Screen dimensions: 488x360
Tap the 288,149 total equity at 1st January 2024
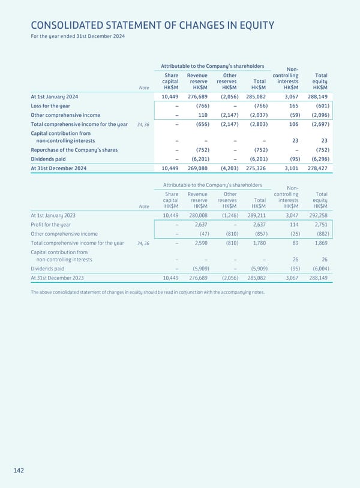coord(317,96)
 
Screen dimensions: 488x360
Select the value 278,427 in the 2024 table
coord(317,168)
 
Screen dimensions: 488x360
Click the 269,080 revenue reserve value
coord(197,168)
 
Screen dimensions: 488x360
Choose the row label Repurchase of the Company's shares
coord(74,149)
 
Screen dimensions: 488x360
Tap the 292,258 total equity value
coord(317,215)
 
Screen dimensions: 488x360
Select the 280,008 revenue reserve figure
coord(197,215)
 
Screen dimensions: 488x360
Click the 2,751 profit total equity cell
coord(319,224)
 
